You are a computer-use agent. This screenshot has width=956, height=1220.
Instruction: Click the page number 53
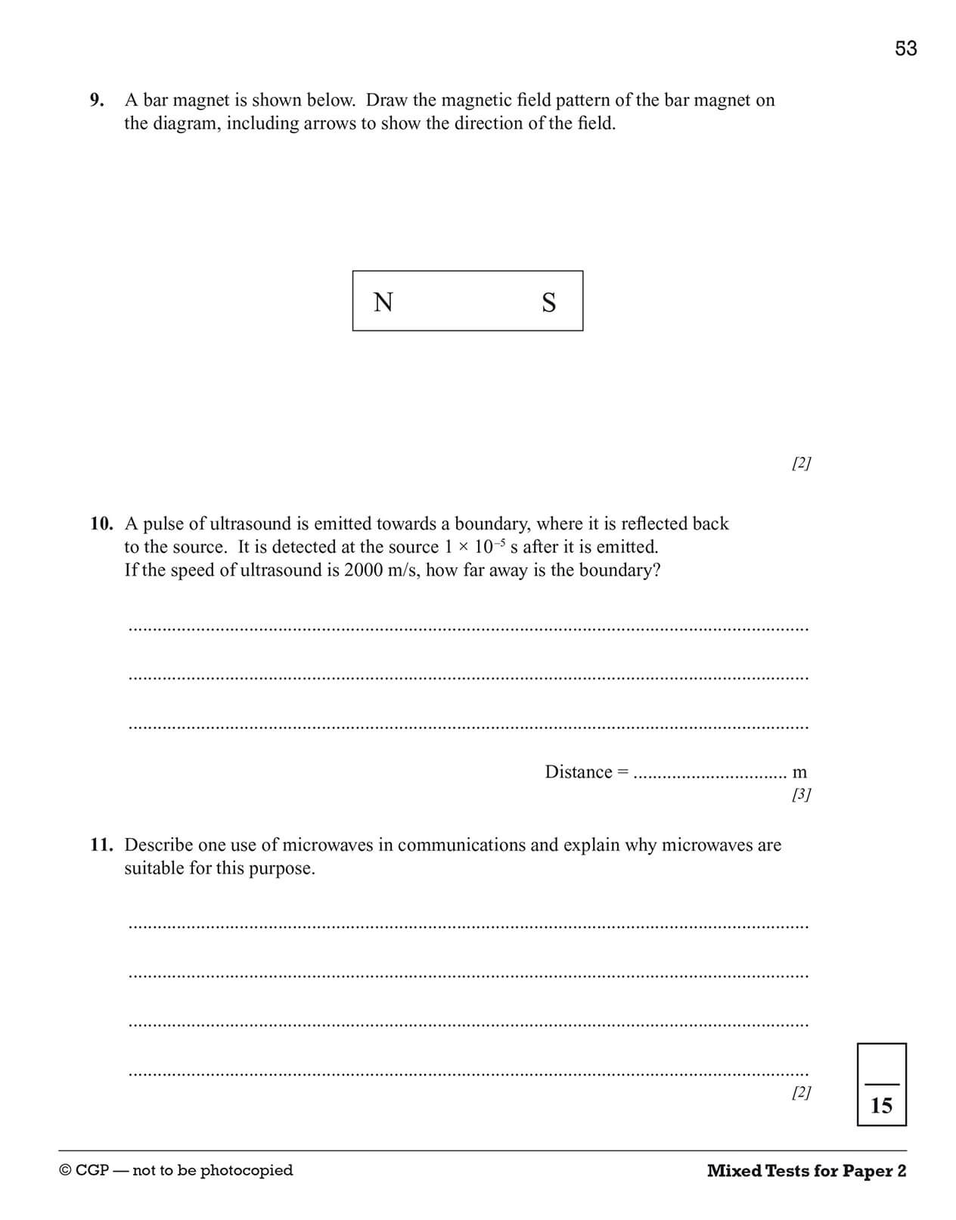coord(905,48)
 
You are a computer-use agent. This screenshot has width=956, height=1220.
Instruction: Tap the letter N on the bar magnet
coord(383,302)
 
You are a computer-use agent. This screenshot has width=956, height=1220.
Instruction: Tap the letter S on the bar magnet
coord(549,303)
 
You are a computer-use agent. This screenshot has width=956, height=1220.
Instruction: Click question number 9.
coord(97,100)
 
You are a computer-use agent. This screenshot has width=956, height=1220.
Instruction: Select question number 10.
coord(101,523)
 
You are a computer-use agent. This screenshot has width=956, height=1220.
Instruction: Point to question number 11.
coord(101,845)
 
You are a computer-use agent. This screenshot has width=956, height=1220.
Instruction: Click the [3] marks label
coord(801,794)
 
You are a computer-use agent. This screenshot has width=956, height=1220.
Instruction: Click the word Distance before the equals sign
coord(579,772)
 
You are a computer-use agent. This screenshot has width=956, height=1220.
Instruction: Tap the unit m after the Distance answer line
coord(799,772)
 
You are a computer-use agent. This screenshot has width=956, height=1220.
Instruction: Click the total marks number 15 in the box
coord(881,1106)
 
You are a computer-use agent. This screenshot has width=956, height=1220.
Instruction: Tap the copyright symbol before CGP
coord(65,1171)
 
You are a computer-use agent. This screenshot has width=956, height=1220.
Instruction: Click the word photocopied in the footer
coord(247,1171)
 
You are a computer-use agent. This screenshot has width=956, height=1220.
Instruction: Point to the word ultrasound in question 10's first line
coord(254,523)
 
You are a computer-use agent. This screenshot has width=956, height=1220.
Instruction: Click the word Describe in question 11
coord(158,845)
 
